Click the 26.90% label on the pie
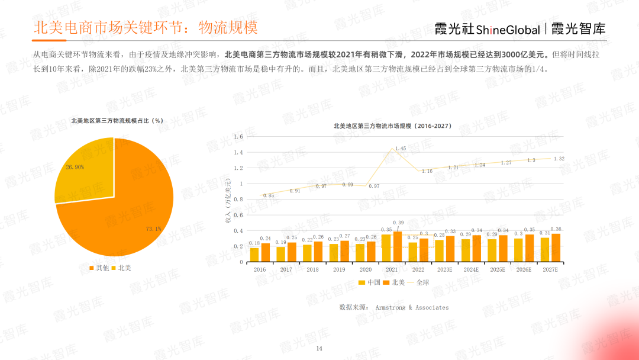75,168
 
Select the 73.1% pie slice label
153,229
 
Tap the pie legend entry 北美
122,268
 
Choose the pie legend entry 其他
99,268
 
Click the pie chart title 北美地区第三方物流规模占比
117,121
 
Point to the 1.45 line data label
401,149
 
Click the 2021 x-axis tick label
391,269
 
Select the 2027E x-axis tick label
550,269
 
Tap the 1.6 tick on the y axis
238,137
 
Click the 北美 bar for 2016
265,253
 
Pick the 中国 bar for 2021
386,248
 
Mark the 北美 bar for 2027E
556,247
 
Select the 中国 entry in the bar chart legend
370,282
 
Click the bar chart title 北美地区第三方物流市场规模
392,126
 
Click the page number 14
319,348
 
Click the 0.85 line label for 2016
269,195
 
